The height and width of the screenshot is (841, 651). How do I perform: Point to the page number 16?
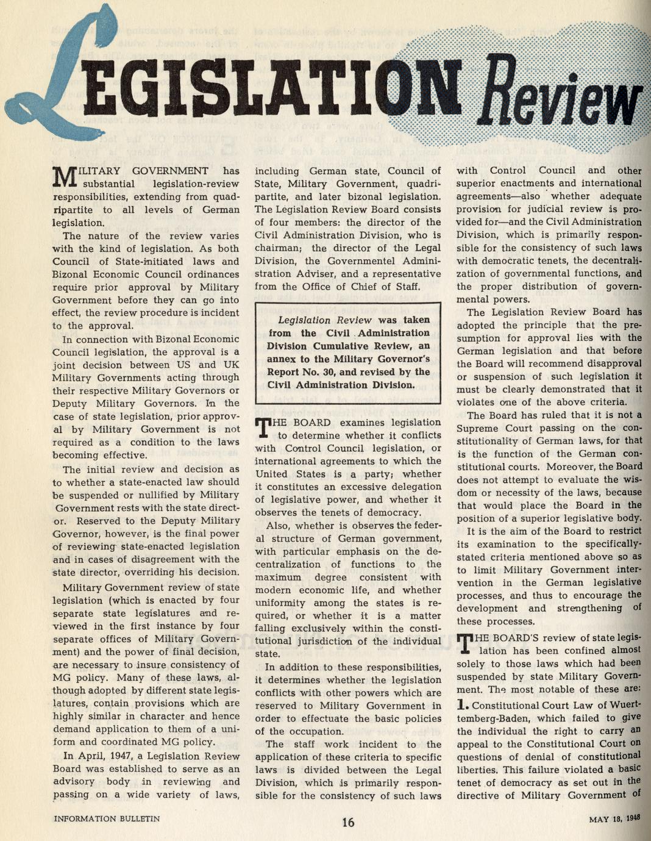point(347,822)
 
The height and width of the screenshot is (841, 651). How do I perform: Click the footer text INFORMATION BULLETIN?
point(107,818)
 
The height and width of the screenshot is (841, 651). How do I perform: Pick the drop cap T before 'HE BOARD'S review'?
point(464,643)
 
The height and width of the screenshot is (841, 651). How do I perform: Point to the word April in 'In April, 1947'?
point(92,756)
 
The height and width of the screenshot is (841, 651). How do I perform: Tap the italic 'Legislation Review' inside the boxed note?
point(324,320)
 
